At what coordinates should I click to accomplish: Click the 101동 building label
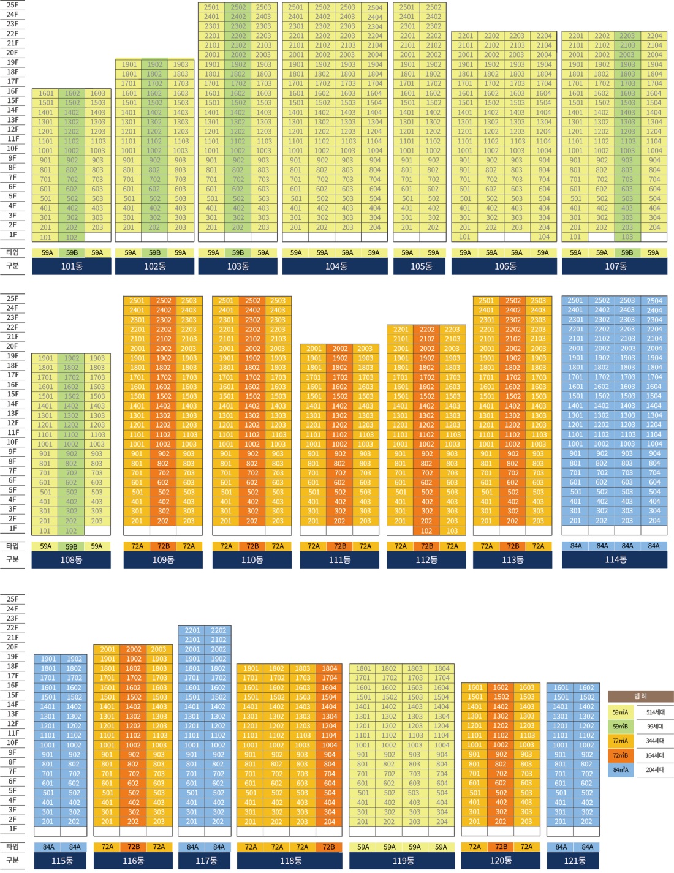(x=72, y=266)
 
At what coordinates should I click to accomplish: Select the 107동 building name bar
(x=615, y=266)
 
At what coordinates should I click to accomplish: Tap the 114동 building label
(x=615, y=559)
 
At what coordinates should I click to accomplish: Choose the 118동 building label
(x=290, y=860)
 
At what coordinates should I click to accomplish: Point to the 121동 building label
(x=574, y=860)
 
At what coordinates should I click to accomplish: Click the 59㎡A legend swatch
(x=621, y=712)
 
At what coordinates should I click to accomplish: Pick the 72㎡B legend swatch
(x=621, y=755)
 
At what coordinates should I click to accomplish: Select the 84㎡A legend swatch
(x=621, y=769)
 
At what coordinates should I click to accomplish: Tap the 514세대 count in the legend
(x=655, y=712)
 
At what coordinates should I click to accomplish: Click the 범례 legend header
(x=640, y=697)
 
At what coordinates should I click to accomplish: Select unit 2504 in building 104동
(x=375, y=7)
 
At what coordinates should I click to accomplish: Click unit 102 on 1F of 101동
(x=72, y=237)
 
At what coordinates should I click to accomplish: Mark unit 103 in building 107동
(x=627, y=236)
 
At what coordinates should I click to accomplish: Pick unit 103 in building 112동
(x=452, y=531)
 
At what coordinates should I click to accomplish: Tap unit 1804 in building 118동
(x=330, y=668)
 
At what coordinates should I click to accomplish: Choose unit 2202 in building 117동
(x=219, y=630)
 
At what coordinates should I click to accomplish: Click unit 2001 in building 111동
(x=314, y=349)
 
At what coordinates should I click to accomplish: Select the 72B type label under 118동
(x=328, y=847)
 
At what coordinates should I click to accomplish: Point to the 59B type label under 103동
(x=238, y=252)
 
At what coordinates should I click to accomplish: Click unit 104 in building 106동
(x=544, y=236)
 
